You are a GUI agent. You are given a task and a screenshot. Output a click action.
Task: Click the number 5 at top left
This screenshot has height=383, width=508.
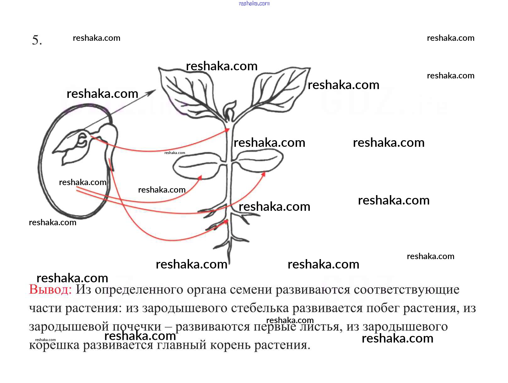[36, 40]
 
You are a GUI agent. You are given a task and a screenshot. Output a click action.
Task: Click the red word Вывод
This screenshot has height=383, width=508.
[50, 289]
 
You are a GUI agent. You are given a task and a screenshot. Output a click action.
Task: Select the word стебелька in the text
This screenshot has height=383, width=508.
[260, 308]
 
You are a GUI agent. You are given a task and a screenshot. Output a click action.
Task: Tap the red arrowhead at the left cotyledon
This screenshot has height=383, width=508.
[200, 178]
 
